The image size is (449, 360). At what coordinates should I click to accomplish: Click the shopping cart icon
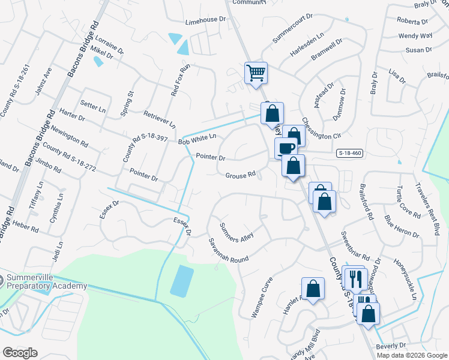click(256, 74)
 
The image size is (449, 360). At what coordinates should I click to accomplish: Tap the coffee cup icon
click(286, 148)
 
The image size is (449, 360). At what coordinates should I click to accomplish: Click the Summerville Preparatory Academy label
click(47, 282)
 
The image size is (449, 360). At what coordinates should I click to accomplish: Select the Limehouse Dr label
click(205, 20)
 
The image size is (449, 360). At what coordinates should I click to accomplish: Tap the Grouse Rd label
click(241, 176)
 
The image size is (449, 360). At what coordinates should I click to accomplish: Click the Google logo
click(20, 353)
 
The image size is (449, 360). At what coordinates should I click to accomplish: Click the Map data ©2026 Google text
click(411, 355)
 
